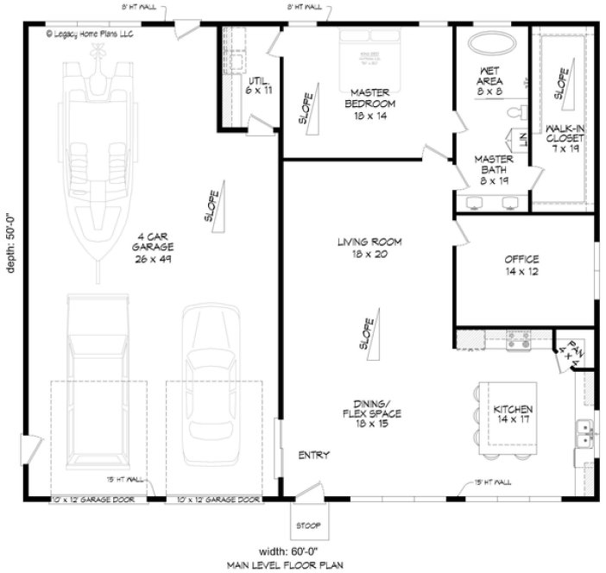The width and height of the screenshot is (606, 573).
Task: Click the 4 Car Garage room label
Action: pos(150,247)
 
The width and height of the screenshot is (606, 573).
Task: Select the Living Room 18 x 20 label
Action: pos(370,249)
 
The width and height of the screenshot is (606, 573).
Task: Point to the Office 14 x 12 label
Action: pos(521,265)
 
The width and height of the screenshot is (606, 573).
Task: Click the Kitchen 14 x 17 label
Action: pos(513,414)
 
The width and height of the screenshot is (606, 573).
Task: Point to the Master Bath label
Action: pos(496,170)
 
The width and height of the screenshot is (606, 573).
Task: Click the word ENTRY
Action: pos(312,455)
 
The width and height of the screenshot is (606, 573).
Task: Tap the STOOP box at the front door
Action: pos(307,523)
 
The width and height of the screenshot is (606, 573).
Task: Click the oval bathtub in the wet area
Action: pos(490,43)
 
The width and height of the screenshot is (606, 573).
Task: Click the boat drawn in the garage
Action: pos(98,147)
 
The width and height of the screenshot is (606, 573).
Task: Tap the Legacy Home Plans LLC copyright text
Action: pos(91,34)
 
